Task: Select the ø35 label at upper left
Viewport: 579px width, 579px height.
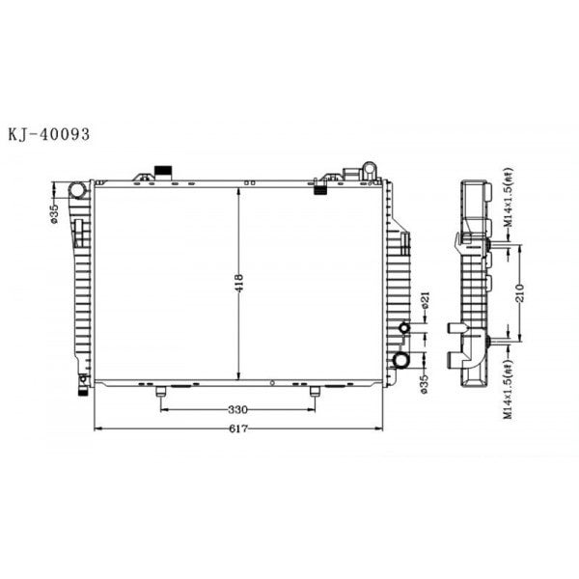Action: tap(55, 210)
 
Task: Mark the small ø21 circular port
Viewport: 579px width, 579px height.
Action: tap(405, 330)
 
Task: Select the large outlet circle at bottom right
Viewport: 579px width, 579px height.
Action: tap(401, 361)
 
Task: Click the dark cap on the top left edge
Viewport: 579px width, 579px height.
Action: tap(163, 172)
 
